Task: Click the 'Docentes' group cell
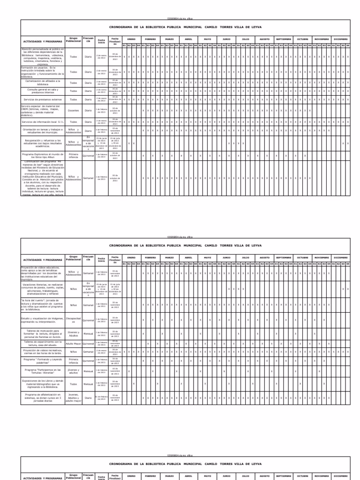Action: (74, 111)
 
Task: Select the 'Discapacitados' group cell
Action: (74, 321)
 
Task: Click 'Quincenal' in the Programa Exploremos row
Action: (88, 155)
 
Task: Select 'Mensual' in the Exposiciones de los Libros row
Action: (88, 384)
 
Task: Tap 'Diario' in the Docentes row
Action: (88, 111)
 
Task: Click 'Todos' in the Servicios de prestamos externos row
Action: (74, 99)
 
